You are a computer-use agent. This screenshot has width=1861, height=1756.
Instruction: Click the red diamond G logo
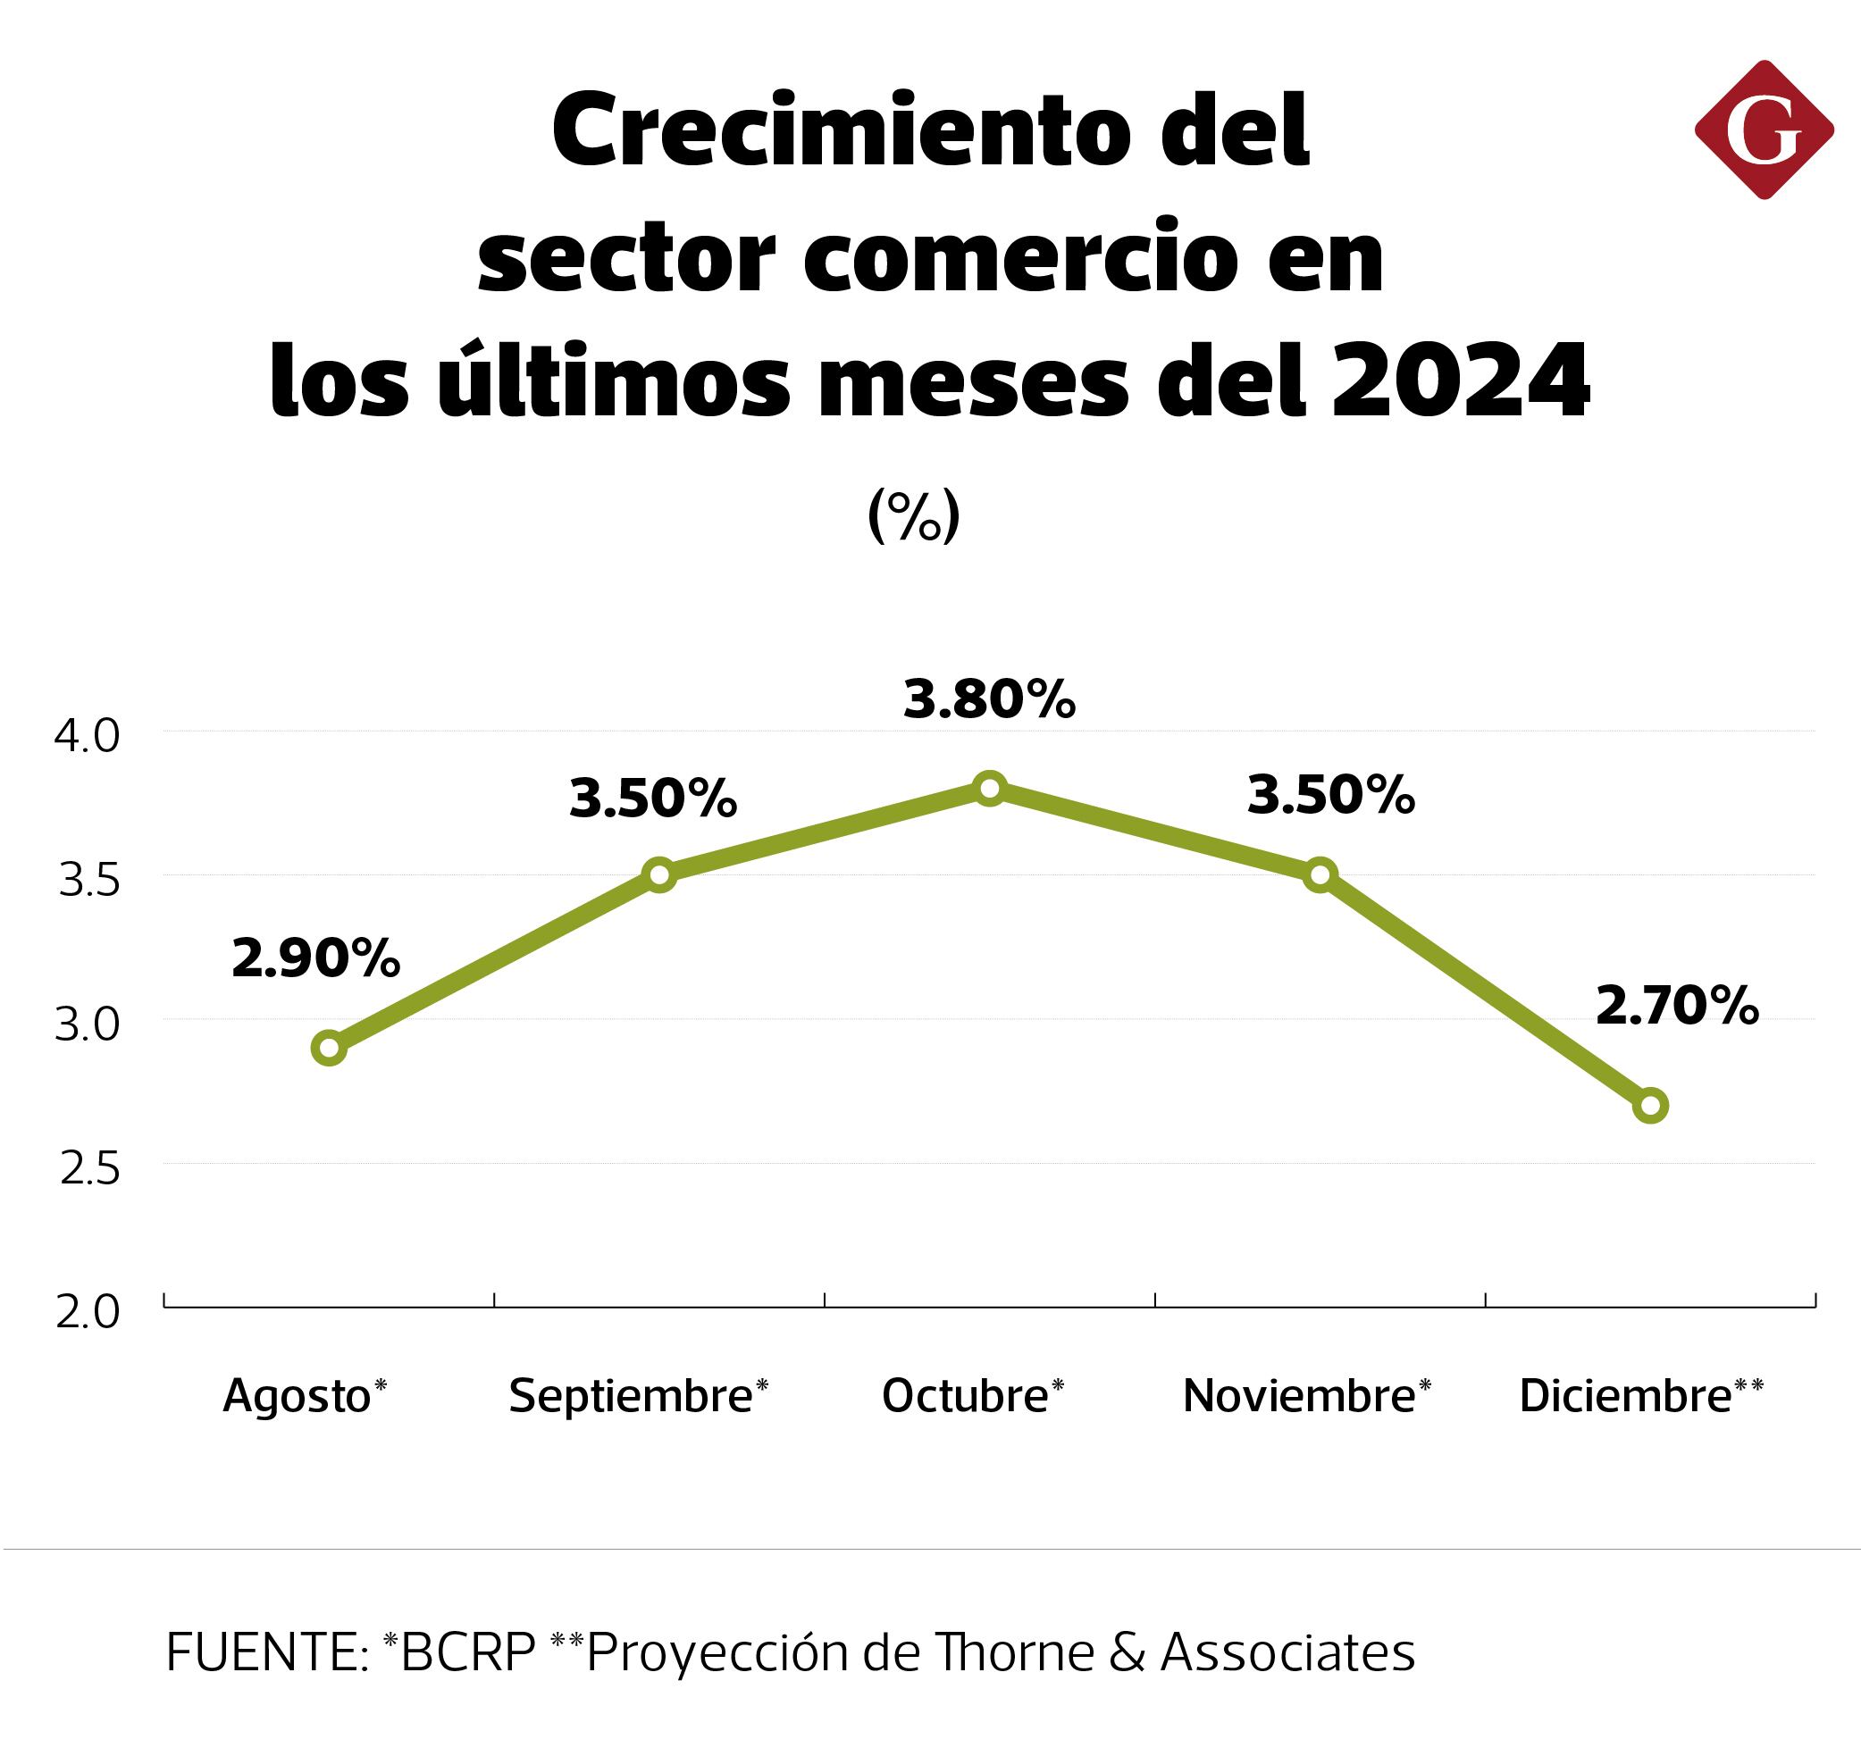point(1763,130)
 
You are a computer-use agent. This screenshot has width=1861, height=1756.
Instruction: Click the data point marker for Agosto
point(329,1048)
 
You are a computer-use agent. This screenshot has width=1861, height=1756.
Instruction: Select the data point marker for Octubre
point(990,788)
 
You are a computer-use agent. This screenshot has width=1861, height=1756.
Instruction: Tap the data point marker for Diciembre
point(1650,1106)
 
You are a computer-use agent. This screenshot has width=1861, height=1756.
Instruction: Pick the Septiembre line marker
point(659,875)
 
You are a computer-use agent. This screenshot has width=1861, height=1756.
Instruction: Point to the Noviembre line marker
point(1320,875)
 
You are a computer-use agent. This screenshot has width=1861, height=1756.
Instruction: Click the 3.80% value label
point(990,700)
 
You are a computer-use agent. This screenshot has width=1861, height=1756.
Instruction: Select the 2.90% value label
point(315,958)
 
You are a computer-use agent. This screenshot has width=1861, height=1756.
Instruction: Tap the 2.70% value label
point(1677,1007)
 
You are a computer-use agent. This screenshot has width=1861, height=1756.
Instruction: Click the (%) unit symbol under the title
point(914,514)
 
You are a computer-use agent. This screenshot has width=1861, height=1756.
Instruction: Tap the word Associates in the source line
point(1287,1652)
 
